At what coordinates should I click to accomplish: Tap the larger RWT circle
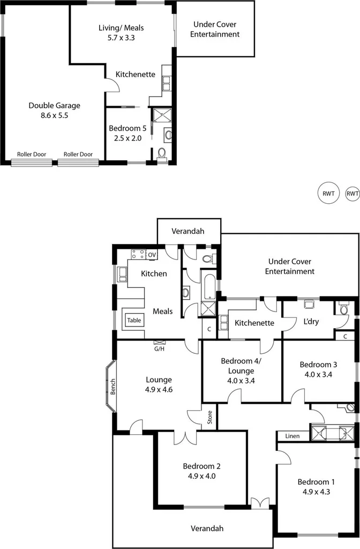328,194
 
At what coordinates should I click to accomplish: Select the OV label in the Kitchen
152,255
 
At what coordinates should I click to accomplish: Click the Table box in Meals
134,320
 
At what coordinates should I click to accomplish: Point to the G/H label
160,348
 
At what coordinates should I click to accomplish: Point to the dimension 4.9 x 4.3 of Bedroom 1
315,491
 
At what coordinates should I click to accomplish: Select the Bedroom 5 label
126,129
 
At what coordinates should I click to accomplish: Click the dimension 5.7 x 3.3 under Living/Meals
121,38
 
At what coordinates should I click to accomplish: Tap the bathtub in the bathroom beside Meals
207,285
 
